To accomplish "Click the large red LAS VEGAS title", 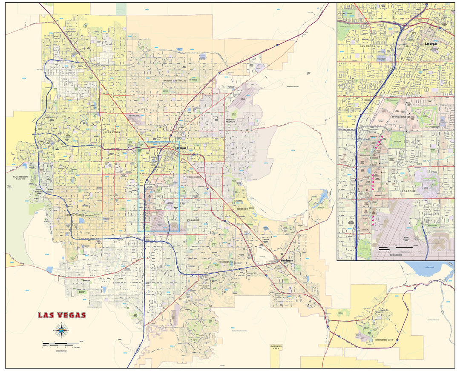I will (62, 316).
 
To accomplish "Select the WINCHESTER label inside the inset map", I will (401, 117).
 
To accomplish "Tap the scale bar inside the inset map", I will (395, 247).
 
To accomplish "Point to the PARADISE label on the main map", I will (193, 220).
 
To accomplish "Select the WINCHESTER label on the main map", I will (193, 177).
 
